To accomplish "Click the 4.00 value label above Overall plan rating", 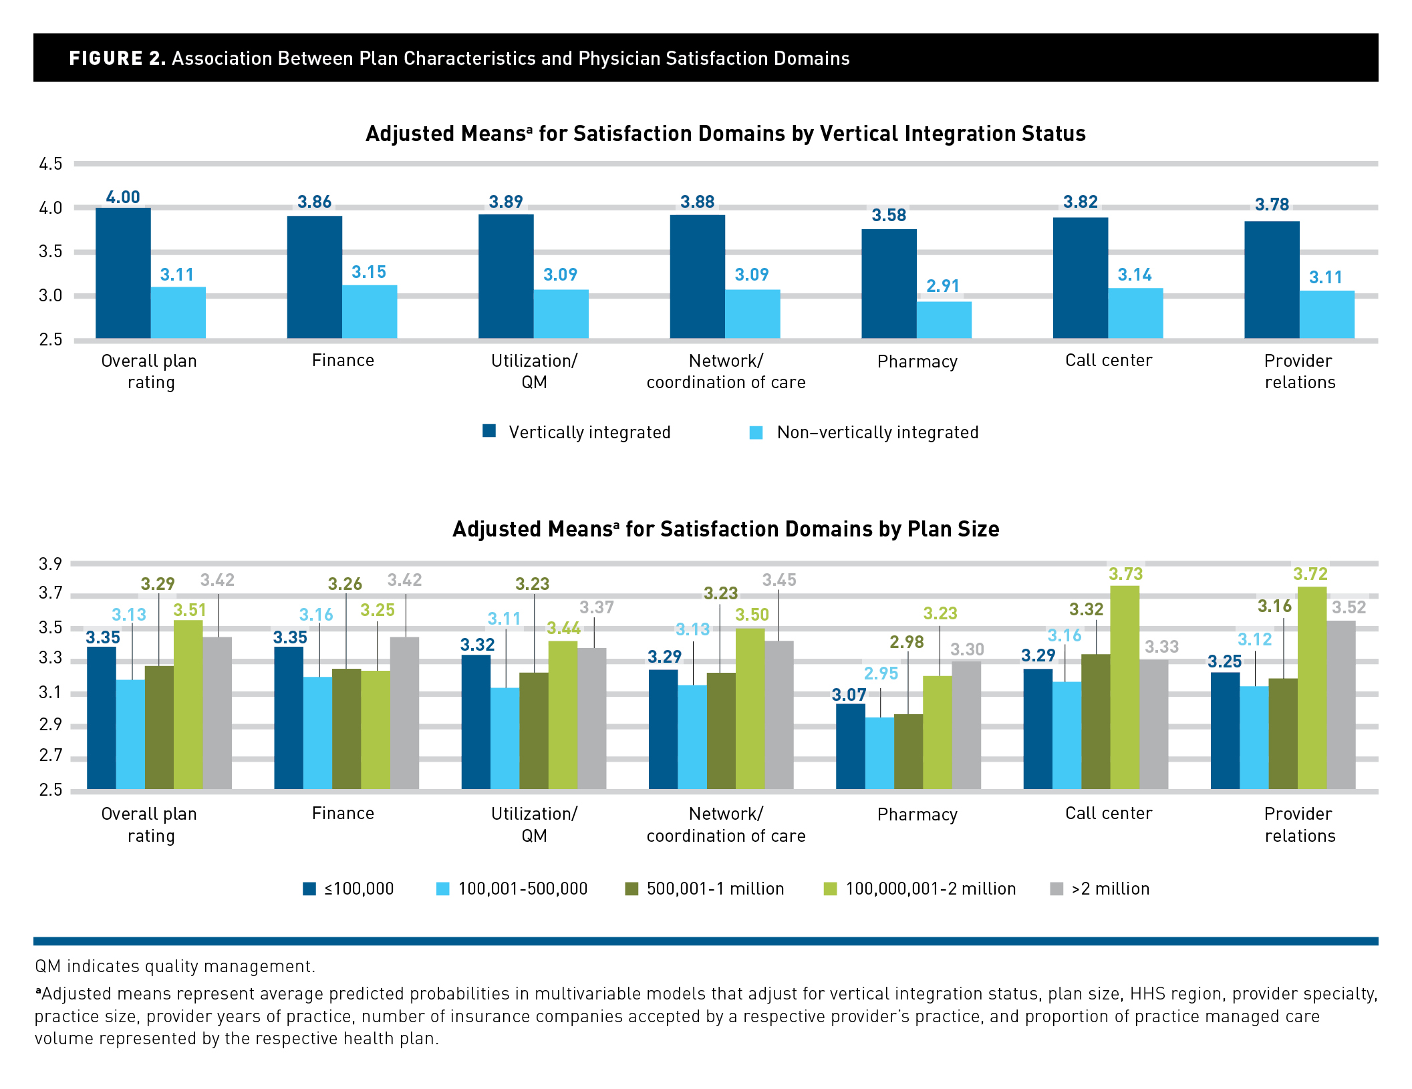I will (123, 197).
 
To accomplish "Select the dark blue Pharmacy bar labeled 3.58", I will (889, 283).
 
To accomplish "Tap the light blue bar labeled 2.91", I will (944, 319).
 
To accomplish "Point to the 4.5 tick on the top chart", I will (51, 164).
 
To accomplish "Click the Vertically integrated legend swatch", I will (489, 431).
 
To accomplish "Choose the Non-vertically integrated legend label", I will (877, 432).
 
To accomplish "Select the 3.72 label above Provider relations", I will (1310, 574).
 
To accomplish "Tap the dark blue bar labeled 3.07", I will (850, 746).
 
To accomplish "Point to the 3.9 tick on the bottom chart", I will (51, 564).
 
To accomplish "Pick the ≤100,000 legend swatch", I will (309, 889).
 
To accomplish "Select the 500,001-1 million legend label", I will (715, 889).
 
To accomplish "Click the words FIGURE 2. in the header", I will (118, 58).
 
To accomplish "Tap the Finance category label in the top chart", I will (343, 361).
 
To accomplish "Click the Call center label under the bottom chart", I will (1109, 813).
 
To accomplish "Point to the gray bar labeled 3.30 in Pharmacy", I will (966, 725).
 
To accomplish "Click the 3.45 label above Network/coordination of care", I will (779, 580).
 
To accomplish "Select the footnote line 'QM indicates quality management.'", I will (175, 966).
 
